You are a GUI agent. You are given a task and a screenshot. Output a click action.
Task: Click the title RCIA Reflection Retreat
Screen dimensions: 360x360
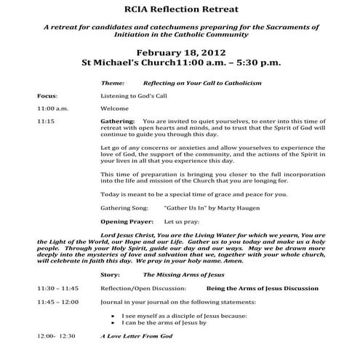click(x=180, y=9)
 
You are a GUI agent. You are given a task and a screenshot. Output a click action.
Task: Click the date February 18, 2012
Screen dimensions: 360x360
click(x=180, y=52)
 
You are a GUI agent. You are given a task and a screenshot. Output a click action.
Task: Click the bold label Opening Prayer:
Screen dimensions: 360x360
click(x=127, y=220)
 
